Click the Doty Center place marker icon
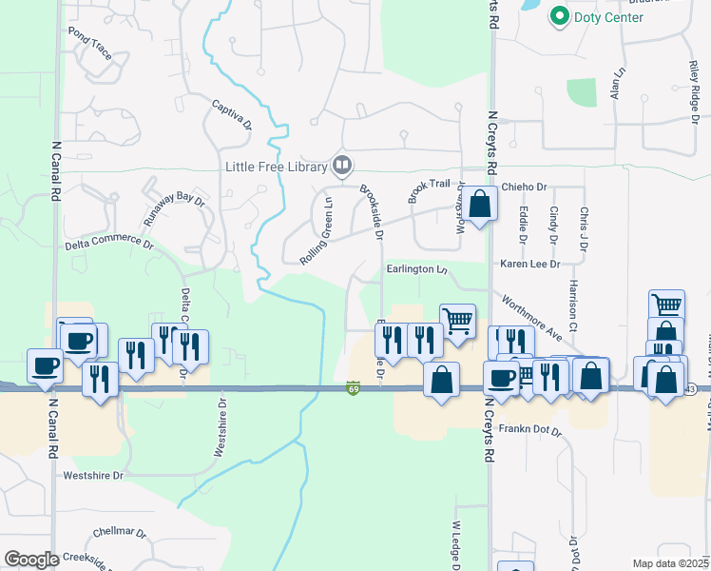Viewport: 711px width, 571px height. (559, 16)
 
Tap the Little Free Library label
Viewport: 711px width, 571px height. (276, 167)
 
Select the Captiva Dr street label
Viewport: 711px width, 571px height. (232, 115)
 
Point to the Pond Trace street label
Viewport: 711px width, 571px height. (90, 43)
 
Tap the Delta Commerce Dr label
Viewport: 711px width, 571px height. (108, 245)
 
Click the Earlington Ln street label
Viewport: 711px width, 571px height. (416, 269)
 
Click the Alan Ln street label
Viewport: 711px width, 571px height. (618, 84)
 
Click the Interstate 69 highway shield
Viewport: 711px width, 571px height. (353, 388)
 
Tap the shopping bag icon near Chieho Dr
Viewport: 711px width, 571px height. (481, 204)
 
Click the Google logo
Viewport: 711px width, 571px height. (30, 559)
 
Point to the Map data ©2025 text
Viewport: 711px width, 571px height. (670, 563)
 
